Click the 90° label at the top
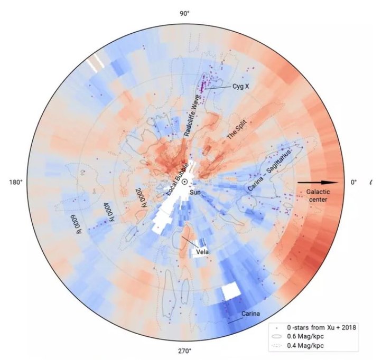[184, 13]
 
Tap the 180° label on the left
[16, 182]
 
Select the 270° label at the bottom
[184, 351]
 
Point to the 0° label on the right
[353, 182]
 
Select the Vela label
[202, 252]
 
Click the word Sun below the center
[195, 193]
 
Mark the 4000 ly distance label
[109, 211]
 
